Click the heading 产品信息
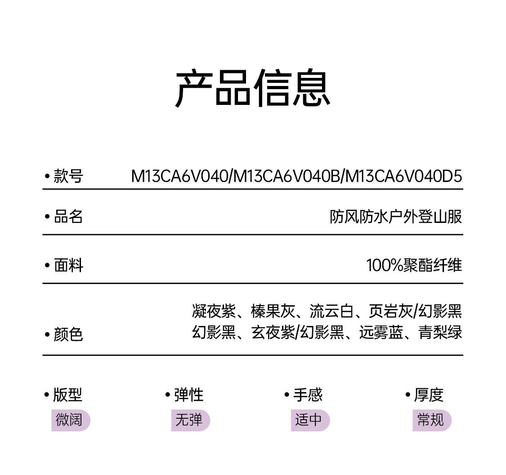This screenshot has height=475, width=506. pyautogui.click(x=253, y=88)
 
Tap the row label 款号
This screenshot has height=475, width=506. pyautogui.click(x=68, y=176)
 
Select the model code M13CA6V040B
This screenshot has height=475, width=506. pyautogui.click(x=288, y=176)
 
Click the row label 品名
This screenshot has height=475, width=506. pyautogui.click(x=68, y=217)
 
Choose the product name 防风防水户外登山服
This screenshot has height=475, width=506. pyautogui.click(x=396, y=217)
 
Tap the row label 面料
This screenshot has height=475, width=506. pyautogui.click(x=68, y=266)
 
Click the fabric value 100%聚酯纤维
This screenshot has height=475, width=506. pyautogui.click(x=414, y=266)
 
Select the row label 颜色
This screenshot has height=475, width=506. pyautogui.click(x=68, y=335)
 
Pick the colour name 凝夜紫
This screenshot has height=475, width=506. pyautogui.click(x=214, y=311)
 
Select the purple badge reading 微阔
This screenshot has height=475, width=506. pyautogui.click(x=70, y=420)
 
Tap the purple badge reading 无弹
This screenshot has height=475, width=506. pyautogui.click(x=190, y=420)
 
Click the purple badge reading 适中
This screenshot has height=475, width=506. pyautogui.click(x=309, y=420)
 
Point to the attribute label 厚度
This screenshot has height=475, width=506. pyautogui.click(x=429, y=395)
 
